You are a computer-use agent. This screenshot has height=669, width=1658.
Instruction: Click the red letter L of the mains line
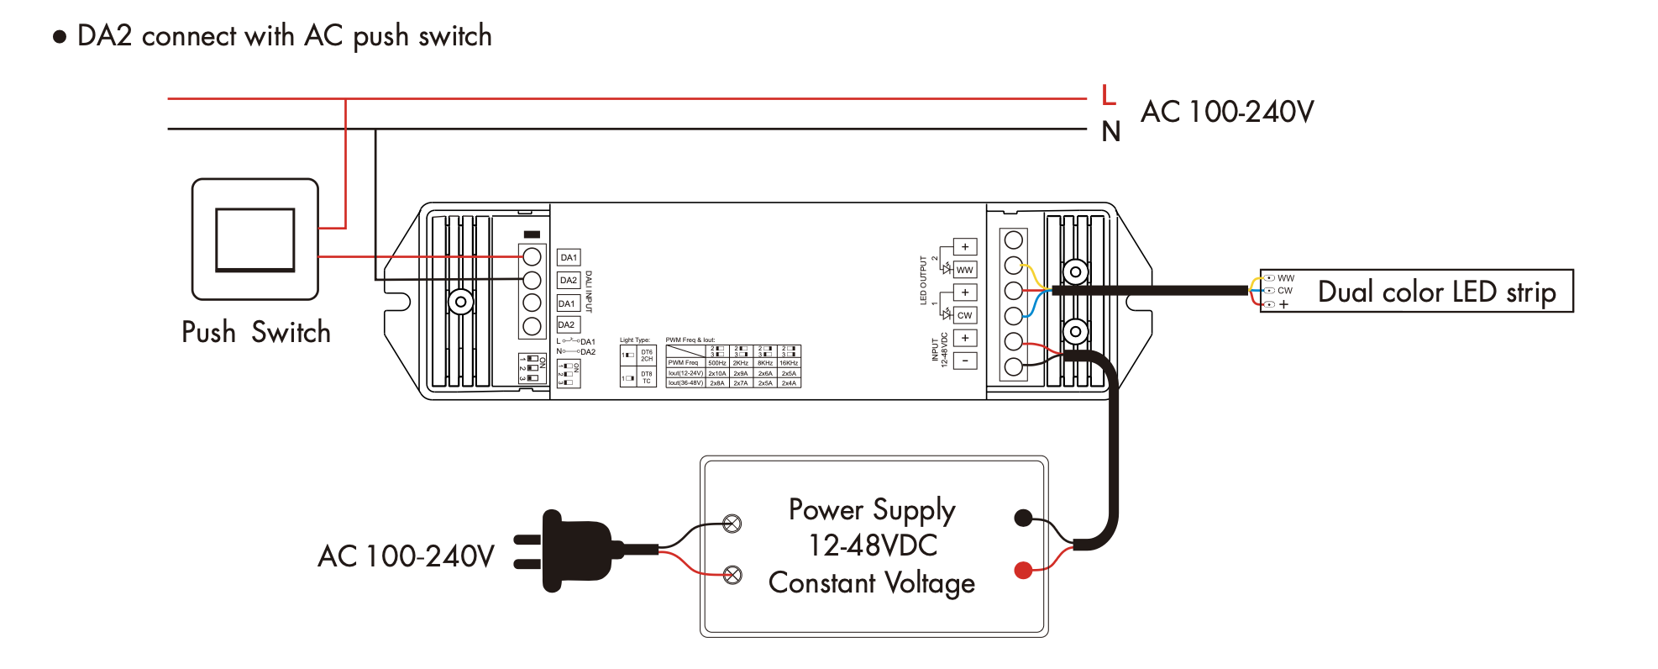pyautogui.click(x=1109, y=95)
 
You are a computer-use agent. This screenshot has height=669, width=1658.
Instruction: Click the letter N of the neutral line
pyautogui.click(x=1110, y=132)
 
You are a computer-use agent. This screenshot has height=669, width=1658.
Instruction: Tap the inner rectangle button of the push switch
pyautogui.click(x=255, y=240)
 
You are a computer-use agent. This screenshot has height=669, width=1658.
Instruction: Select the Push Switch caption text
pyautogui.click(x=256, y=332)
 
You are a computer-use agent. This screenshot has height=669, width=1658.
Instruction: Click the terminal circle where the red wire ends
pyautogui.click(x=532, y=256)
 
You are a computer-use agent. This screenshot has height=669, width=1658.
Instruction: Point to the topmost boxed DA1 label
pyautogui.click(x=569, y=257)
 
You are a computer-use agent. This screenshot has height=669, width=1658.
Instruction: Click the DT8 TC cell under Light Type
pyautogui.click(x=647, y=377)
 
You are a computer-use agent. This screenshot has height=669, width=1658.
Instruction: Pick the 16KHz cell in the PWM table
pyautogui.click(x=789, y=363)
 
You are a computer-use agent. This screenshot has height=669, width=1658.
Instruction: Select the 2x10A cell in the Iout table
pyautogui.click(x=717, y=373)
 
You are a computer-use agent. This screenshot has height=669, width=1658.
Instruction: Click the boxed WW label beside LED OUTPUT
pyautogui.click(x=965, y=270)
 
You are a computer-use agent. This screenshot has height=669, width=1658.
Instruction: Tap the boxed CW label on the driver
pyautogui.click(x=965, y=315)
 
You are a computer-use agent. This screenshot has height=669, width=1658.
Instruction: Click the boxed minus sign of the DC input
pyautogui.click(x=965, y=361)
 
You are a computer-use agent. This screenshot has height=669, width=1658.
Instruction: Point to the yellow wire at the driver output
pyautogui.click(x=1032, y=275)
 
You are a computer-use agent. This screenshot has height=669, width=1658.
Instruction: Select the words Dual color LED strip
pyautogui.click(x=1436, y=292)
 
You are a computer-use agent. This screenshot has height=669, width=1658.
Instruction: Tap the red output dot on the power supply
pyautogui.click(x=1023, y=571)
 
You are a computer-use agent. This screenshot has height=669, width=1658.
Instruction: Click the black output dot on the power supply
pyautogui.click(x=1023, y=518)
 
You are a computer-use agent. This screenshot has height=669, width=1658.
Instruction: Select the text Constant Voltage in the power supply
pyautogui.click(x=871, y=582)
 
